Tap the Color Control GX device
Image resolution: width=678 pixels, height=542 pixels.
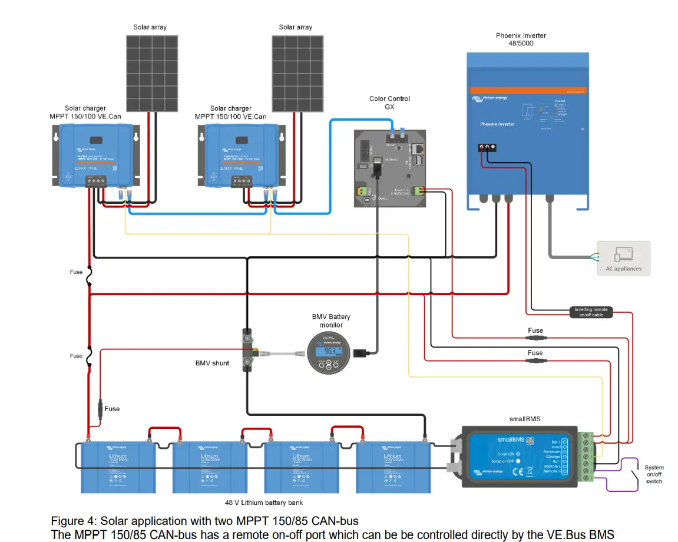pyautogui.click(x=391, y=168)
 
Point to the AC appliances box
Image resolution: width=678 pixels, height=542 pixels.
pyautogui.click(x=624, y=258)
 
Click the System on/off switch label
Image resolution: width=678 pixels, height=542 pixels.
pyautogui.click(x=654, y=474)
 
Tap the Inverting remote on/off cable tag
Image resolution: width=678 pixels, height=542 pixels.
pyautogui.click(x=591, y=312)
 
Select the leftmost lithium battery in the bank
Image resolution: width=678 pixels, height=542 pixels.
pyautogui.click(x=118, y=467)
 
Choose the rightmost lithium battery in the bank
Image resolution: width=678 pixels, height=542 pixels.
pyautogui.click(x=393, y=467)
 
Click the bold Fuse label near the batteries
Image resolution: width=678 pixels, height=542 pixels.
pyautogui.click(x=112, y=409)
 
